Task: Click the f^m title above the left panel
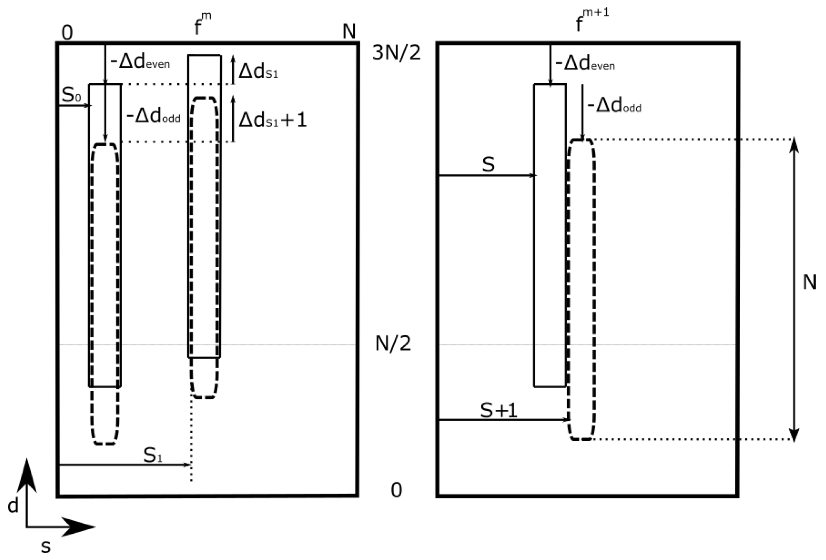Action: (x=202, y=24)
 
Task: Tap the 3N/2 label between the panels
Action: (x=396, y=53)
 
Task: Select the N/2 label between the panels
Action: (x=393, y=343)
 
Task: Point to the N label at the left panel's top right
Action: (x=349, y=32)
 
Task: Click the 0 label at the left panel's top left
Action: (x=67, y=33)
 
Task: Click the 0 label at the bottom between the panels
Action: (x=396, y=490)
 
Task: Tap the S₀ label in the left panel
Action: (x=71, y=95)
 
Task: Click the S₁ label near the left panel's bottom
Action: (x=153, y=455)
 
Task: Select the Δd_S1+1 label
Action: (x=272, y=120)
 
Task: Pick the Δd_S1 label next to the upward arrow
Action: (x=258, y=71)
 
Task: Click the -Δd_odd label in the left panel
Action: (x=153, y=117)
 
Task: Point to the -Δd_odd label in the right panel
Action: (x=615, y=106)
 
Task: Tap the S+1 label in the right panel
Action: (x=498, y=410)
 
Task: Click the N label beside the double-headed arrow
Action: (x=809, y=283)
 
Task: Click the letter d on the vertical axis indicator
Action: (x=13, y=505)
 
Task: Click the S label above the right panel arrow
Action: (x=488, y=164)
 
